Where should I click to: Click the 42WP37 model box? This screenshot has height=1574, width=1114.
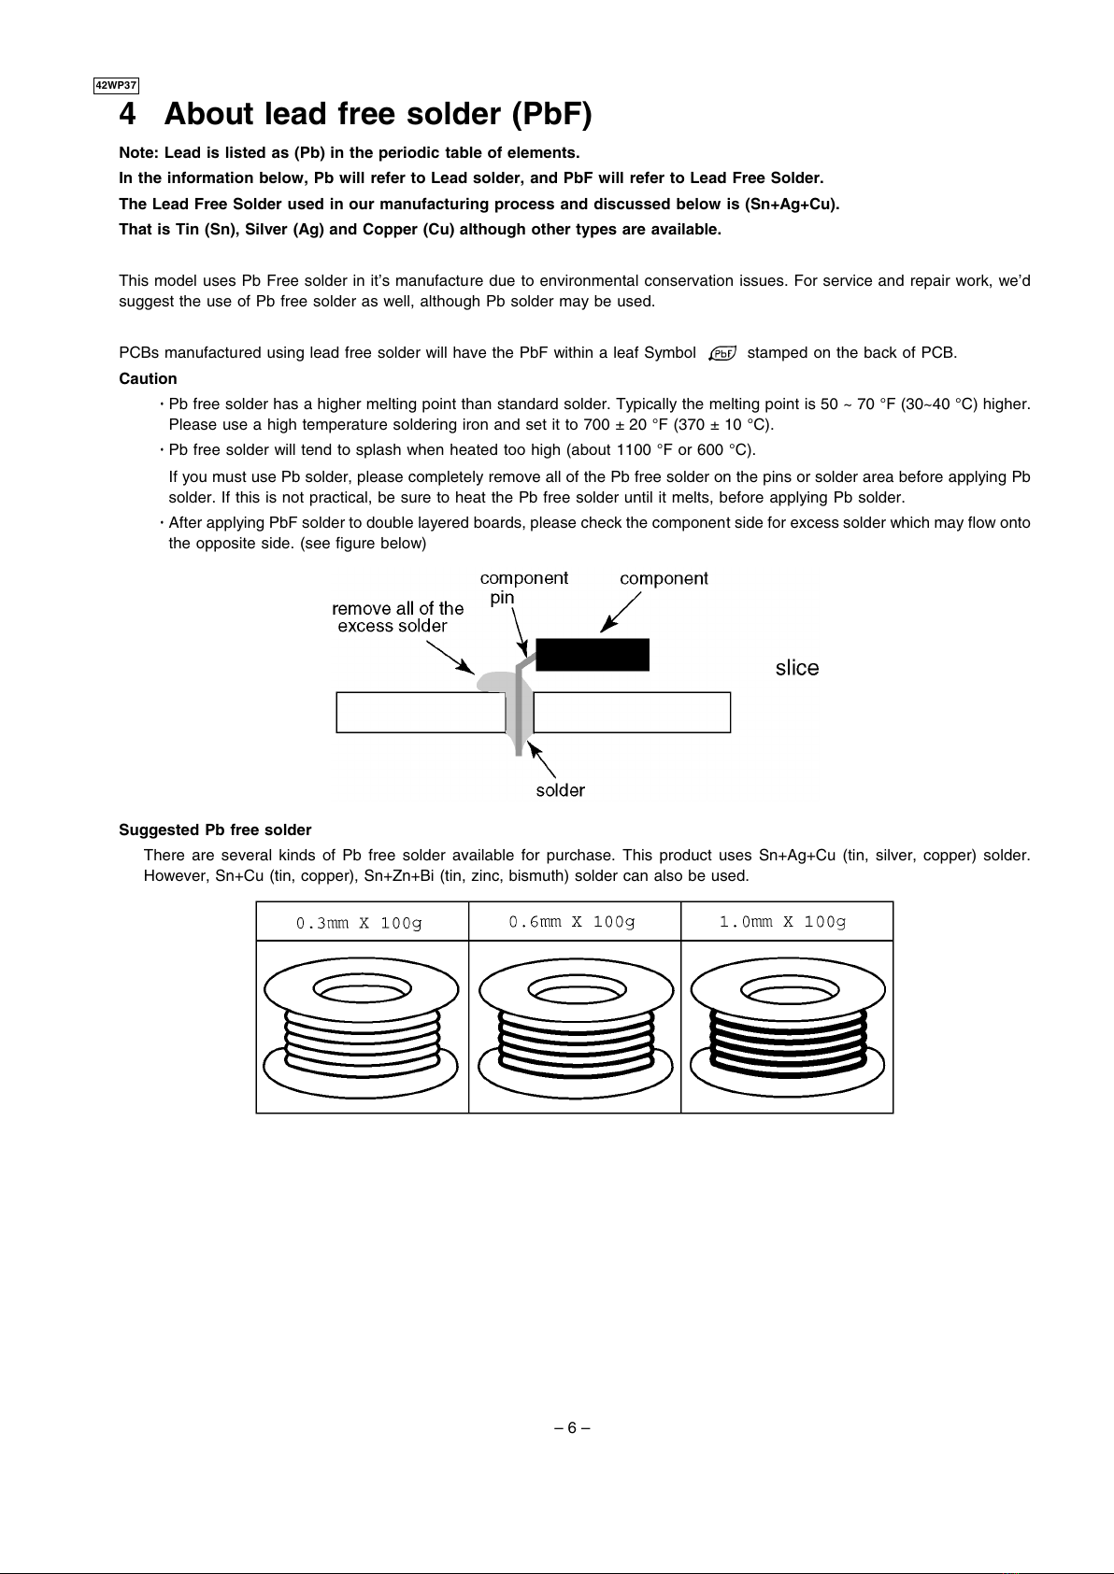coord(116,86)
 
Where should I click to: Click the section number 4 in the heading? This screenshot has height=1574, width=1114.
coord(127,114)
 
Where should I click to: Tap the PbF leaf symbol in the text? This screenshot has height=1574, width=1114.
coord(722,353)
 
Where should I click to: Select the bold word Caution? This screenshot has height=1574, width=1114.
coord(148,378)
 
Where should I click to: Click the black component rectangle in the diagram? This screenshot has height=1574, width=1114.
coord(593,655)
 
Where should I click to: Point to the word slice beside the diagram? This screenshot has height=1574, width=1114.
coord(797,668)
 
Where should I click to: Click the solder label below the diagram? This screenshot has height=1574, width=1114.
coord(560,790)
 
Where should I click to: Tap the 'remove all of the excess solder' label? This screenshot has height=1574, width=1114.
coord(397,617)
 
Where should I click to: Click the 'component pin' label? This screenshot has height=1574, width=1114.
coord(523,588)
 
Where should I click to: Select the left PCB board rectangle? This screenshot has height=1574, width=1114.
coord(421,713)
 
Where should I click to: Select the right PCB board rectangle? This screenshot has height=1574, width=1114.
coord(632,713)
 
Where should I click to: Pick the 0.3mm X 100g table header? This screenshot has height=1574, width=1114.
coord(359,923)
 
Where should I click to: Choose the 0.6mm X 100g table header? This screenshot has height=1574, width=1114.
coord(572,922)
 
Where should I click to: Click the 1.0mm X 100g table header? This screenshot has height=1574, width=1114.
coord(783,922)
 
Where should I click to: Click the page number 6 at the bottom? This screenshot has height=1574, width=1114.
coord(572,1428)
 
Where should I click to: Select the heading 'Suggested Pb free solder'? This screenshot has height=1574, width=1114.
coord(215,830)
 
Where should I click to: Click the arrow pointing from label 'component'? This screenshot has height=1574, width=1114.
coord(621,611)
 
